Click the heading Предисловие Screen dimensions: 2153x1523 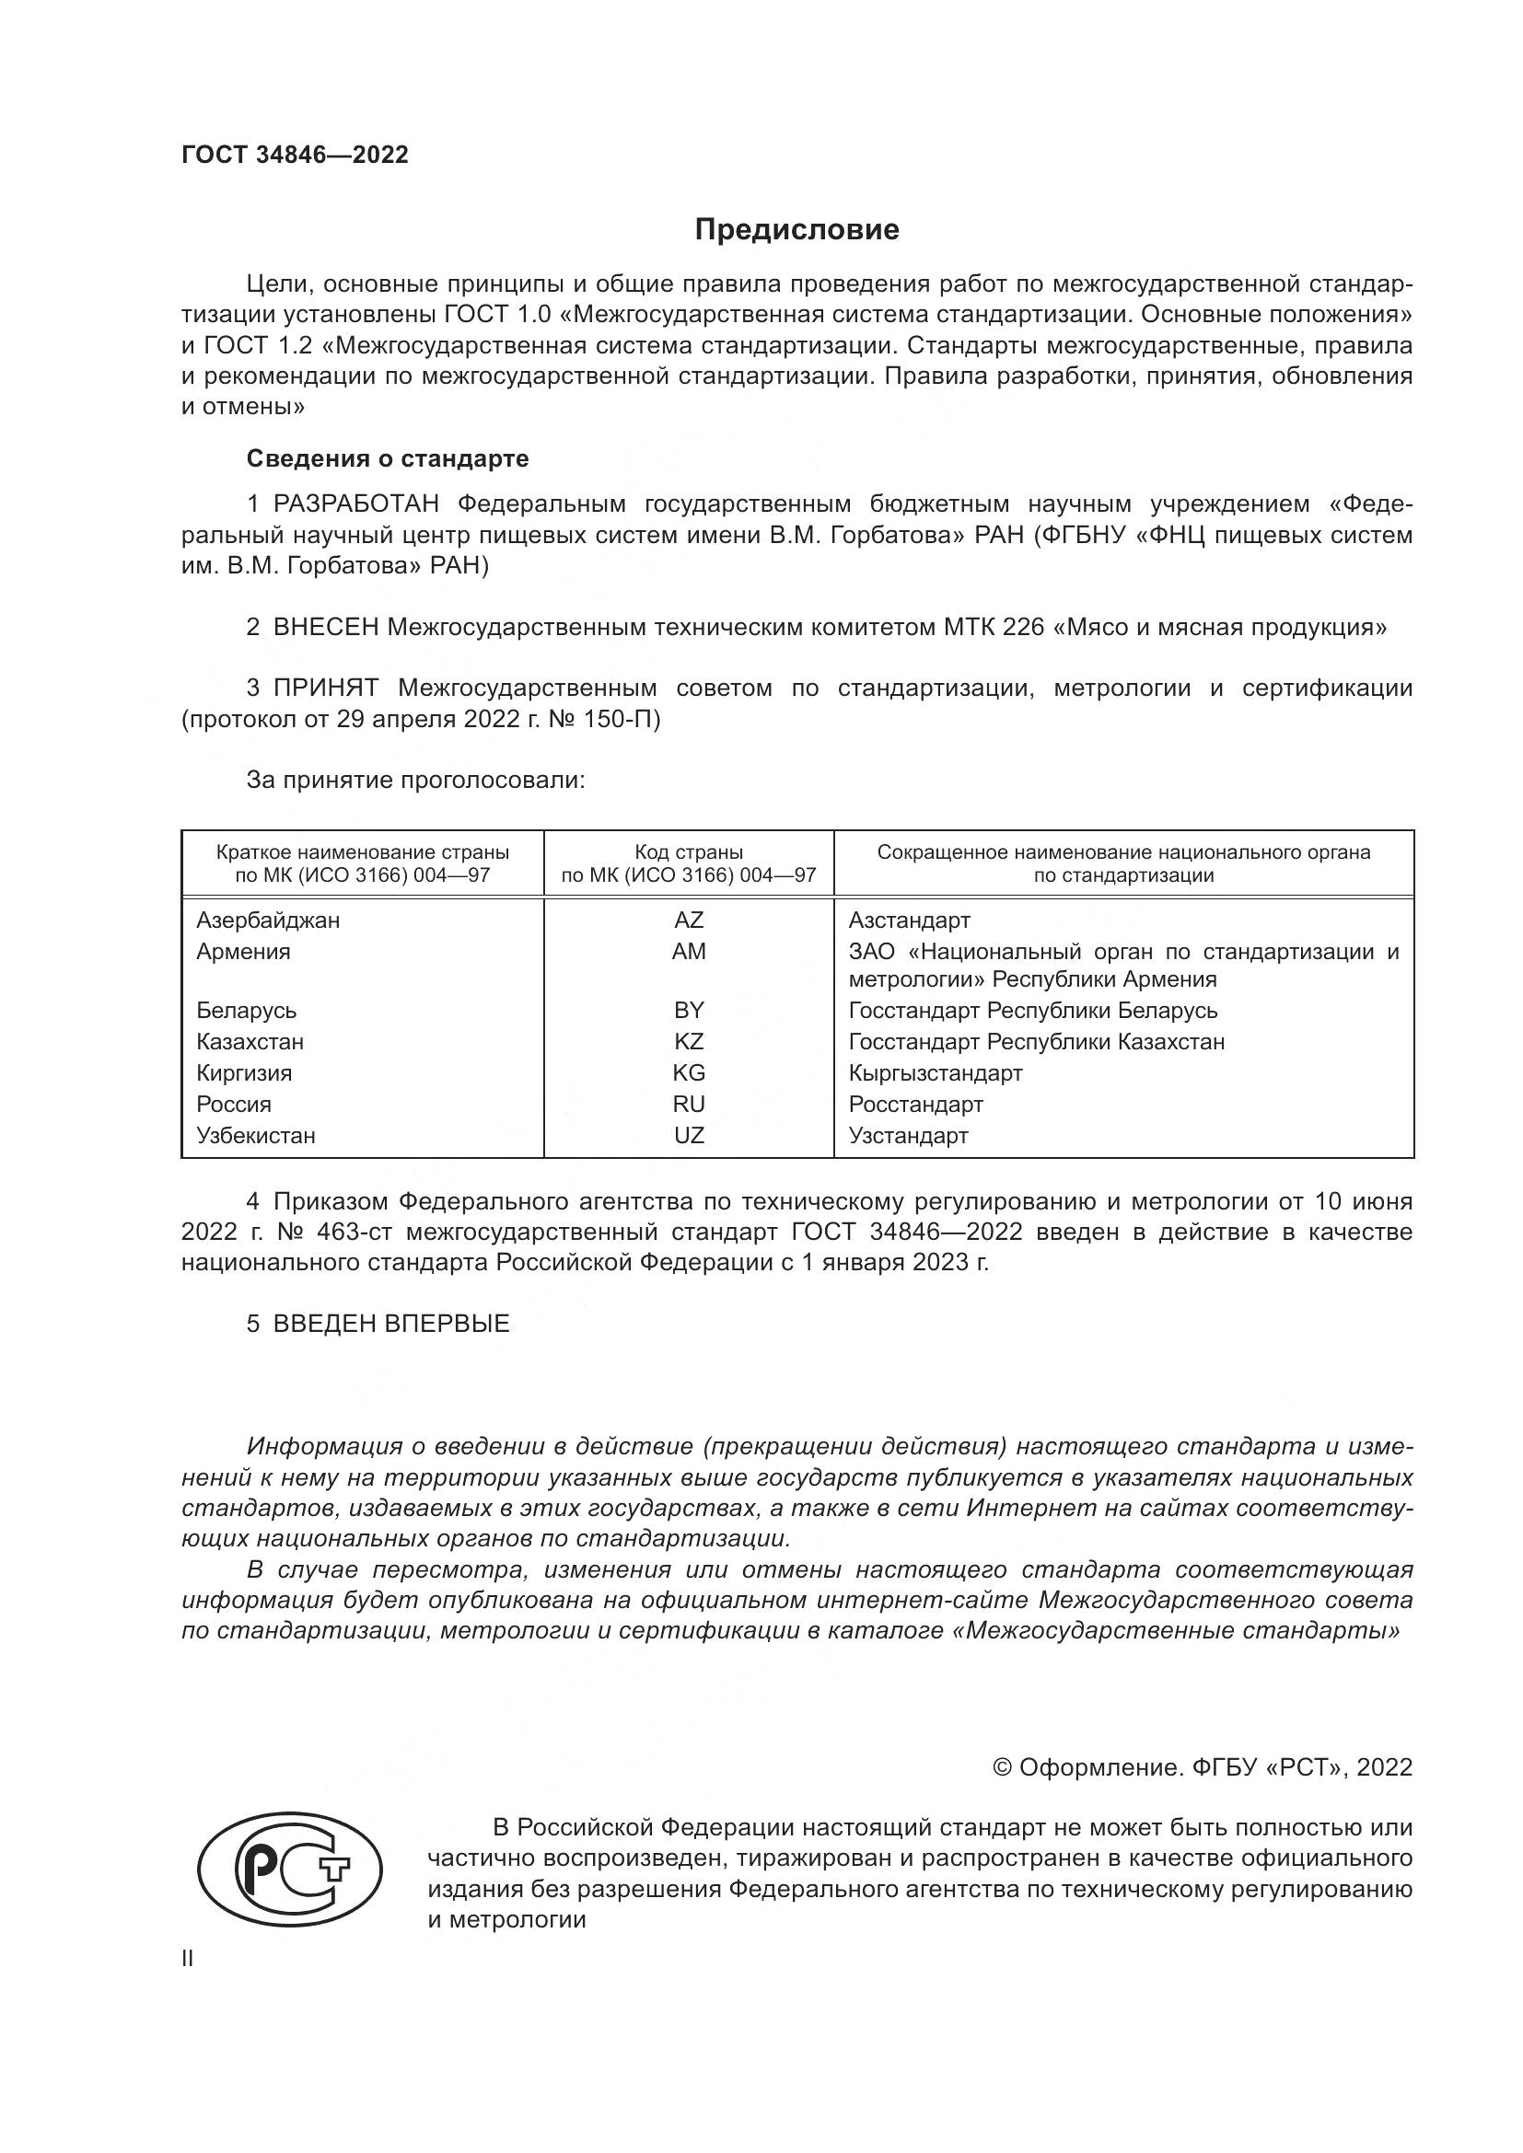click(796, 230)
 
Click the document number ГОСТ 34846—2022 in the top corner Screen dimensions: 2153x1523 click(296, 156)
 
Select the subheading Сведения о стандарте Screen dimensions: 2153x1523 click(388, 458)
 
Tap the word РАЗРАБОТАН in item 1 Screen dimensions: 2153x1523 click(355, 504)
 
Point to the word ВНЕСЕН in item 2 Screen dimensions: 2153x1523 click(325, 628)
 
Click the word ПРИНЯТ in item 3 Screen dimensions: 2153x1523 click(325, 689)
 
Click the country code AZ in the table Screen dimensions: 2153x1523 click(689, 920)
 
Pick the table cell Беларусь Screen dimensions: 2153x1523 click(247, 1010)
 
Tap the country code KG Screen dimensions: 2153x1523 click(689, 1072)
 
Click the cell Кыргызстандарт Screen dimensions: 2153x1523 click(935, 1072)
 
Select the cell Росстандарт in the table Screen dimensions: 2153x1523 click(915, 1104)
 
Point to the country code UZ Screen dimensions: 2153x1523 click(689, 1136)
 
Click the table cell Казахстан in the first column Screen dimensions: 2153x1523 click(250, 1042)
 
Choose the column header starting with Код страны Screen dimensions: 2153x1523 click(689, 863)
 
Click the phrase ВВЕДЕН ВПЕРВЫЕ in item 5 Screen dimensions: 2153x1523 click(391, 1324)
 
